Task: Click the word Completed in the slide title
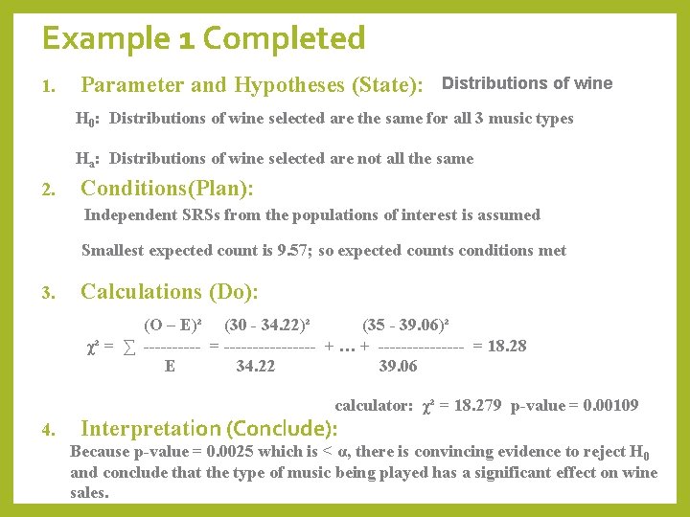(284, 39)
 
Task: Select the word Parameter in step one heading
(132, 85)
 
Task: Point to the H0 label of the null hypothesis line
(89, 120)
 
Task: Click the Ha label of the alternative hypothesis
(89, 159)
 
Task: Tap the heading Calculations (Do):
(170, 291)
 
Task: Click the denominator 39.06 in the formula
(399, 366)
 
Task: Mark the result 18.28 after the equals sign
(507, 346)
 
